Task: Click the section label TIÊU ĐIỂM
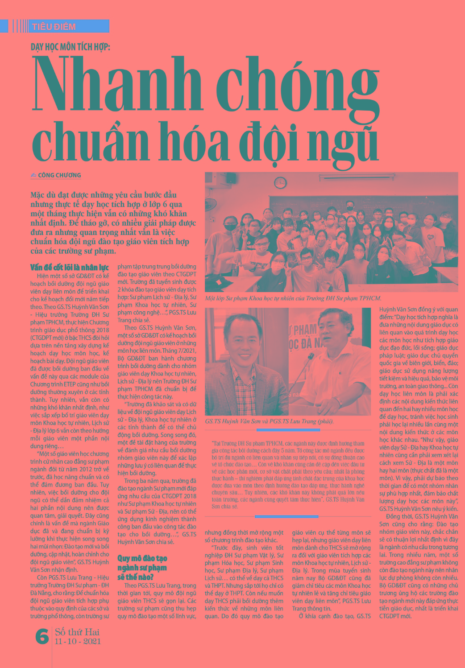pos(54,27)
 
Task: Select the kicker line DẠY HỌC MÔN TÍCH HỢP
pos(70,47)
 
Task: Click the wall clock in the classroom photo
pos(280,182)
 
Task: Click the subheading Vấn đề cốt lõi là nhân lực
pos(69,268)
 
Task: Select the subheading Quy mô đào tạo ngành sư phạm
pos(142,567)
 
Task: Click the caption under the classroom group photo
pos(293,298)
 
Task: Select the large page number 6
pos(42,636)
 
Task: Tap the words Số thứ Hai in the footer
pos(77,632)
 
